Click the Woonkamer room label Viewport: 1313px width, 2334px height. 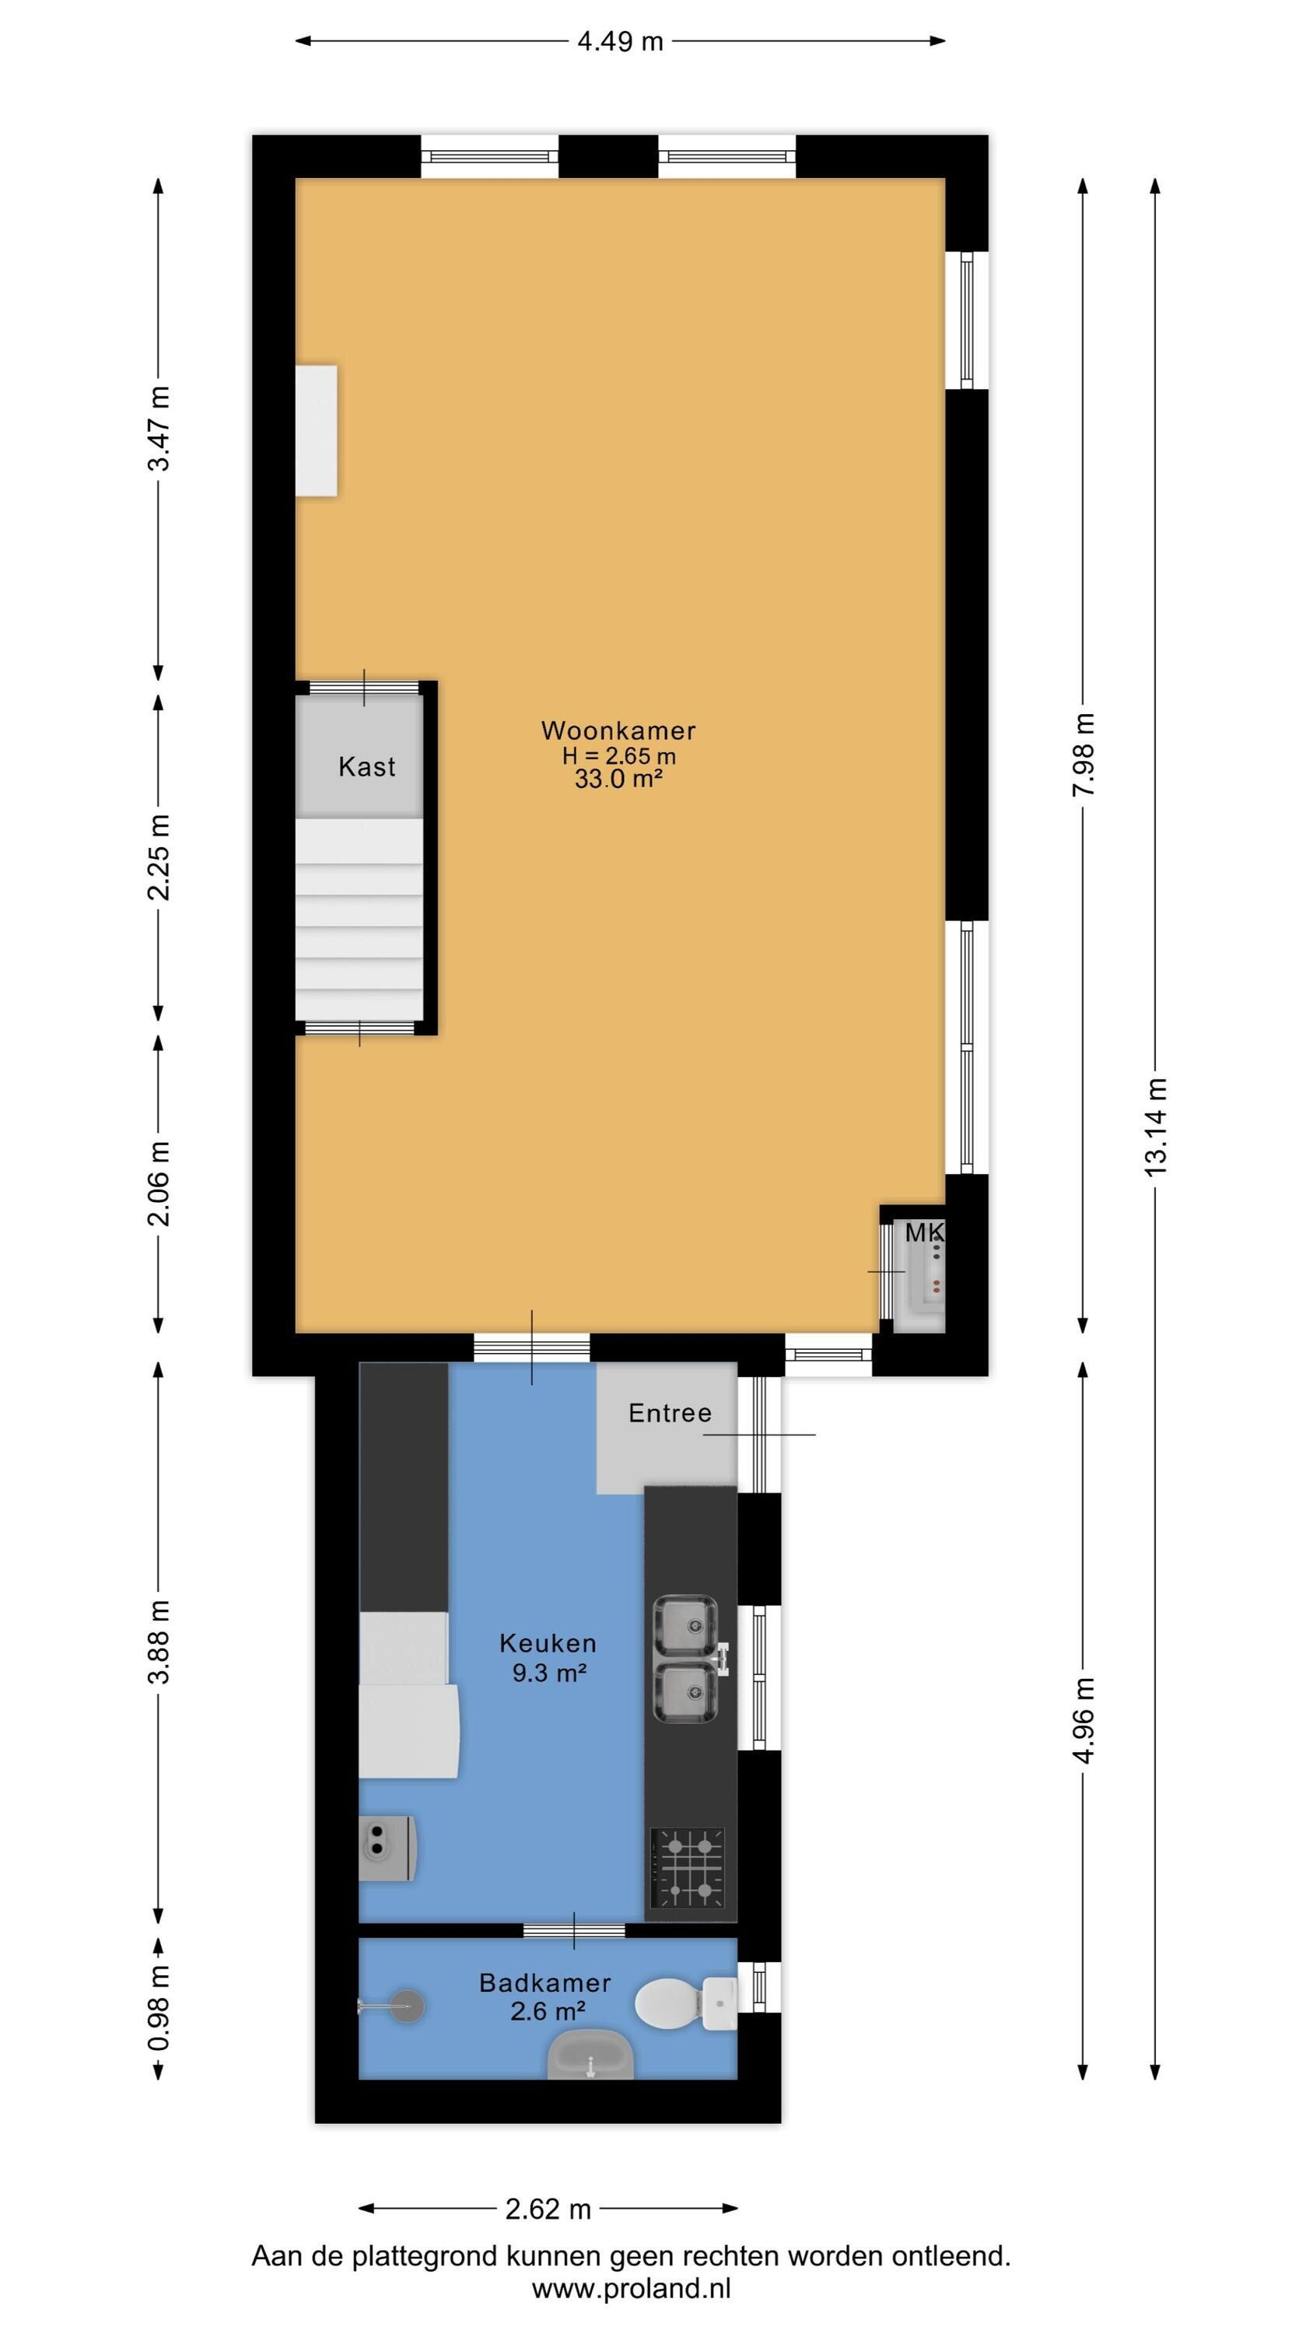[x=618, y=731]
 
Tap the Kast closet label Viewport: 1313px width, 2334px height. [x=367, y=766]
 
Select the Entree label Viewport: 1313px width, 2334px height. [x=670, y=1413]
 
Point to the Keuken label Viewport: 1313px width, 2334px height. [x=548, y=1642]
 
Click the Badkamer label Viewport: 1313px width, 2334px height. [x=545, y=1982]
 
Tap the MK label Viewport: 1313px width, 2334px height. [x=924, y=1232]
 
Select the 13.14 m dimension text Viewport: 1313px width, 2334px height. [x=1155, y=1127]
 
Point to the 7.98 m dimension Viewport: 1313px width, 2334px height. [x=1084, y=755]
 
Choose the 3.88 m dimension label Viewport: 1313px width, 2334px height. [x=159, y=1642]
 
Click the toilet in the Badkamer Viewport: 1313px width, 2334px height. [x=685, y=2003]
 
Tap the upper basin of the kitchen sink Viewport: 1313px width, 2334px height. [x=686, y=1625]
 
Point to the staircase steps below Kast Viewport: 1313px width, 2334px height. [x=359, y=919]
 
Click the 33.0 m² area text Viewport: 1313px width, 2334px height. [x=618, y=780]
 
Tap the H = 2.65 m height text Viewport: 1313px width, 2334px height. [x=619, y=755]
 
